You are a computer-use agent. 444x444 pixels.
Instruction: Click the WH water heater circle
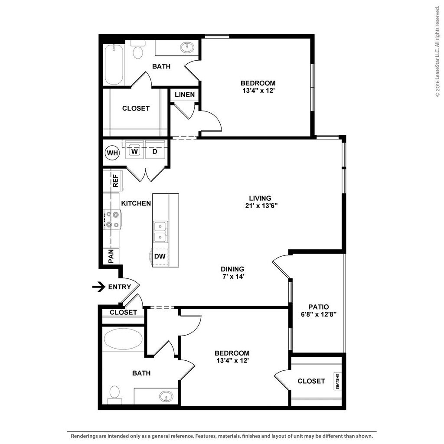[112, 153]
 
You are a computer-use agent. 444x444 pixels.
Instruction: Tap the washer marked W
[135, 151]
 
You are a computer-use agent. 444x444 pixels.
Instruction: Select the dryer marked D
[154, 151]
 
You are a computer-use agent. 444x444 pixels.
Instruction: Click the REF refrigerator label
[115, 180]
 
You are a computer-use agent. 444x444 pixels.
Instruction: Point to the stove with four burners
[113, 219]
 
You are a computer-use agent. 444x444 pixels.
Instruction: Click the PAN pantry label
[111, 256]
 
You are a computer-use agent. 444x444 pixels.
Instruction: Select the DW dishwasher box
[160, 256]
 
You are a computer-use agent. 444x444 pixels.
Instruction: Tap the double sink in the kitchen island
[160, 232]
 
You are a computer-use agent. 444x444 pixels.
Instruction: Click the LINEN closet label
[185, 95]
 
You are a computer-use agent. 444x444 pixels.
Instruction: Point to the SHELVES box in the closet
[337, 381]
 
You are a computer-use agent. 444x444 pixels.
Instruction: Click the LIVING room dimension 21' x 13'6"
[261, 206]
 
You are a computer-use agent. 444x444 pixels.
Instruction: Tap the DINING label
[232, 269]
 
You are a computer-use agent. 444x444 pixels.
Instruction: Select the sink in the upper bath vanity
[187, 47]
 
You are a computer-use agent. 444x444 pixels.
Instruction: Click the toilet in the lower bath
[114, 392]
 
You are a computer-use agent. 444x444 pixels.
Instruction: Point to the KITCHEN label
[136, 203]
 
